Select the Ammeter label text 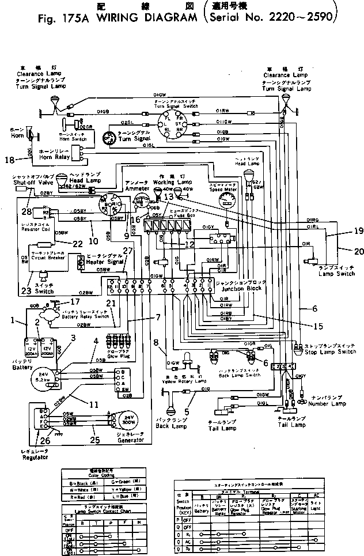pos(137,187)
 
